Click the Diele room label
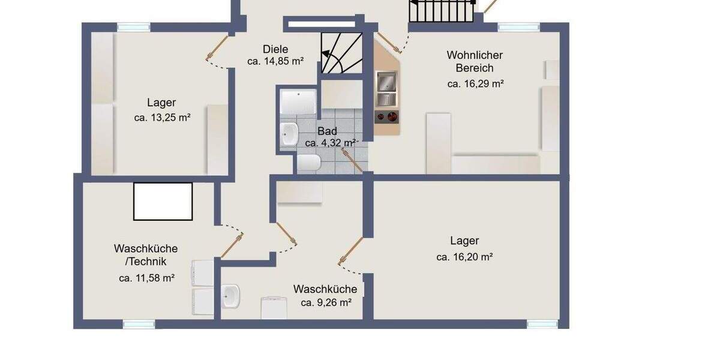pyautogui.click(x=275, y=49)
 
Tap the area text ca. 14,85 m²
pyautogui.click(x=275, y=61)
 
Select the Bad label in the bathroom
pyautogui.click(x=327, y=131)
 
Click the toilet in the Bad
pyautogui.click(x=309, y=161)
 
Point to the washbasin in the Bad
pyautogui.click(x=290, y=133)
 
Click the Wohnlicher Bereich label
pyautogui.click(x=475, y=61)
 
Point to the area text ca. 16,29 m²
pyautogui.click(x=475, y=84)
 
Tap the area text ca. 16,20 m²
pyautogui.click(x=464, y=257)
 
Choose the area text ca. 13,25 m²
pyautogui.click(x=162, y=118)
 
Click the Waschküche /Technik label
pyautogui.click(x=146, y=255)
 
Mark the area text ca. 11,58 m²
pyautogui.click(x=146, y=278)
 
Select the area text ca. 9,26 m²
pyautogui.click(x=326, y=303)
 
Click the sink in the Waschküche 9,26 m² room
pyautogui.click(x=230, y=296)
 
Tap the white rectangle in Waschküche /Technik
pyautogui.click(x=163, y=202)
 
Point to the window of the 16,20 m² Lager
pyautogui.click(x=542, y=324)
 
